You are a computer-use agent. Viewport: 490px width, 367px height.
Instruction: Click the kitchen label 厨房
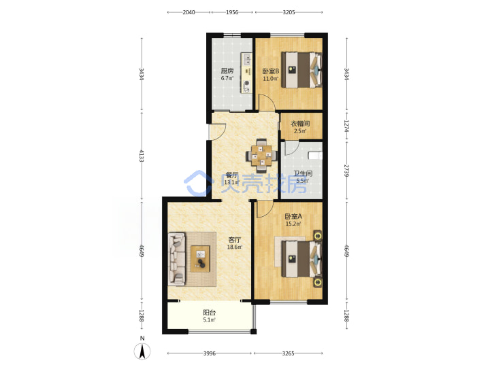pos(227,71)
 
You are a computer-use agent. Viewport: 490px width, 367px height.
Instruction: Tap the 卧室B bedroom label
pos(271,71)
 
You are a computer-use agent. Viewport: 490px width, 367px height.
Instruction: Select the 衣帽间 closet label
pos(300,124)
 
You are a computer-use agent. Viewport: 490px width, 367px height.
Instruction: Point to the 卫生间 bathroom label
pos(303,173)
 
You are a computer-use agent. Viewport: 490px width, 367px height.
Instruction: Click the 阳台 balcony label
pos(210,313)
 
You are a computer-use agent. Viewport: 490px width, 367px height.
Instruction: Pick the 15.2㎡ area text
pos(293,224)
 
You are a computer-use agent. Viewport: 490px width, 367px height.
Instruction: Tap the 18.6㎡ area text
pos(234,247)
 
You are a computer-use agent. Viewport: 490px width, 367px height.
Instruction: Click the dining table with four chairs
pos(261,156)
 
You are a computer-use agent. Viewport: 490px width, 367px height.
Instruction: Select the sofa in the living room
pos(177,259)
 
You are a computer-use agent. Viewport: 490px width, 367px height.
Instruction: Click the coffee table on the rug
pos(200,259)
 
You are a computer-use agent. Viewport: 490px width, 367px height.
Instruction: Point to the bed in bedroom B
pos(302,69)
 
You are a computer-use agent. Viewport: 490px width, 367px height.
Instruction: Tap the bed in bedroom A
pos(302,259)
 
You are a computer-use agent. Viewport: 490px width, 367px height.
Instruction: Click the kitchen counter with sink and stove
pos(246,73)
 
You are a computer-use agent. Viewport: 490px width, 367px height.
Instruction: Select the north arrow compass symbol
pos(142,351)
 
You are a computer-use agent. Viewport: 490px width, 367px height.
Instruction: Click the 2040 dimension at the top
pos(189,12)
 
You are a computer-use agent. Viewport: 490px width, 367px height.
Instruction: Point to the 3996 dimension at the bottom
pos(210,353)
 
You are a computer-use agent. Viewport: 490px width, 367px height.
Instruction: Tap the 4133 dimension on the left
pos(142,156)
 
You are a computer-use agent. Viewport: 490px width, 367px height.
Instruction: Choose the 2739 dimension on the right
pos(346,171)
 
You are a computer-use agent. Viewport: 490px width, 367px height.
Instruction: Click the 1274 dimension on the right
pos(346,126)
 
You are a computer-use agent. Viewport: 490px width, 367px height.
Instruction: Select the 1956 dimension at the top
pos(232,12)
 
